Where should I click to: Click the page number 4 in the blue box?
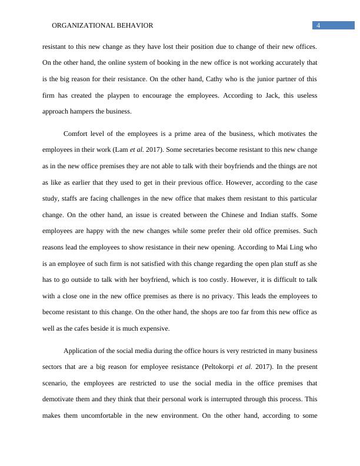point(318,25)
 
